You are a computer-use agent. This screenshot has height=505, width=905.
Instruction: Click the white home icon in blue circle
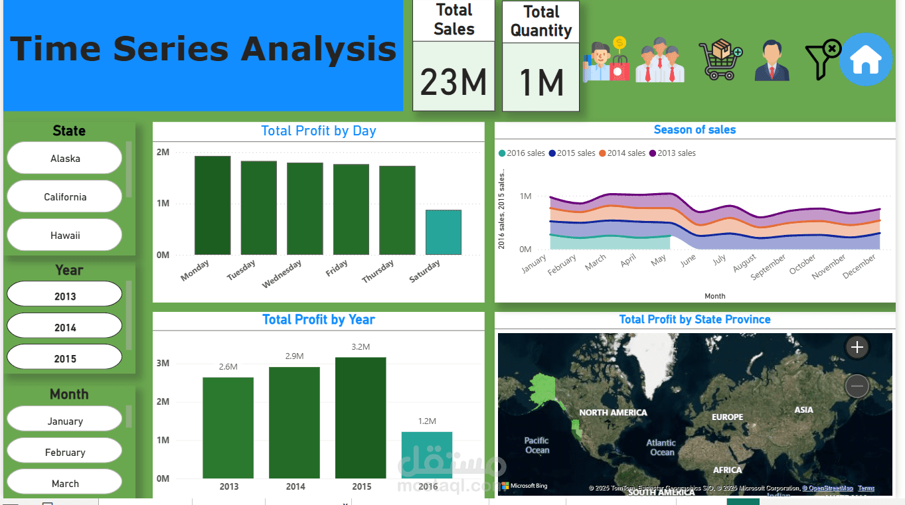[865, 60]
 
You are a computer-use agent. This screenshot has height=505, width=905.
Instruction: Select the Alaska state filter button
[64, 159]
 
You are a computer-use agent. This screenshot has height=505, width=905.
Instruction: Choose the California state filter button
[64, 197]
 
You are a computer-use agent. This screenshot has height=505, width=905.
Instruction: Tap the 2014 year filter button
[64, 327]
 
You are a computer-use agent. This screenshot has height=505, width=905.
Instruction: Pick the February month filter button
[64, 453]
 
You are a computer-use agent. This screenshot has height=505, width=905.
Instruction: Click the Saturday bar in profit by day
[443, 232]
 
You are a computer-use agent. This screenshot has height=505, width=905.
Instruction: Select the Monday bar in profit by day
[212, 205]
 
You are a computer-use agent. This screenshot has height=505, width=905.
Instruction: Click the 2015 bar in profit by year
[361, 418]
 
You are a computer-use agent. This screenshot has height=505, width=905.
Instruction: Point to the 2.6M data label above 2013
[228, 367]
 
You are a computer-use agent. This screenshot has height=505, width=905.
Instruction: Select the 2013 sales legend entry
[672, 153]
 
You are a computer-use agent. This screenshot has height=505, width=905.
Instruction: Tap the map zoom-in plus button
[857, 347]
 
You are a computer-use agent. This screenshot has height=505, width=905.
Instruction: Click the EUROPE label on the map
[727, 417]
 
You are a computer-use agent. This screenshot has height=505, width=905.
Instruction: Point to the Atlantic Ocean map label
[661, 447]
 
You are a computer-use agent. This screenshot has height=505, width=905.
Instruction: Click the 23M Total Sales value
[453, 82]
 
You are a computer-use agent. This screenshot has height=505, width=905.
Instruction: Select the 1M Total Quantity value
[540, 83]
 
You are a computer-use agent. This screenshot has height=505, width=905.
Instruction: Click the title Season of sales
[695, 130]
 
